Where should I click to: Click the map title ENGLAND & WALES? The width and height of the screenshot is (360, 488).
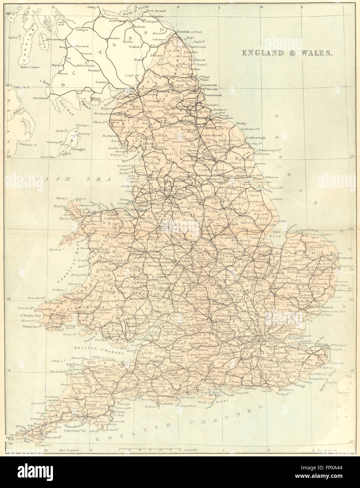287,53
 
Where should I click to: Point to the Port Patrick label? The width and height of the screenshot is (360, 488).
40,98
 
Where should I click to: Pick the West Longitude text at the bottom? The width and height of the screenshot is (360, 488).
69,450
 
